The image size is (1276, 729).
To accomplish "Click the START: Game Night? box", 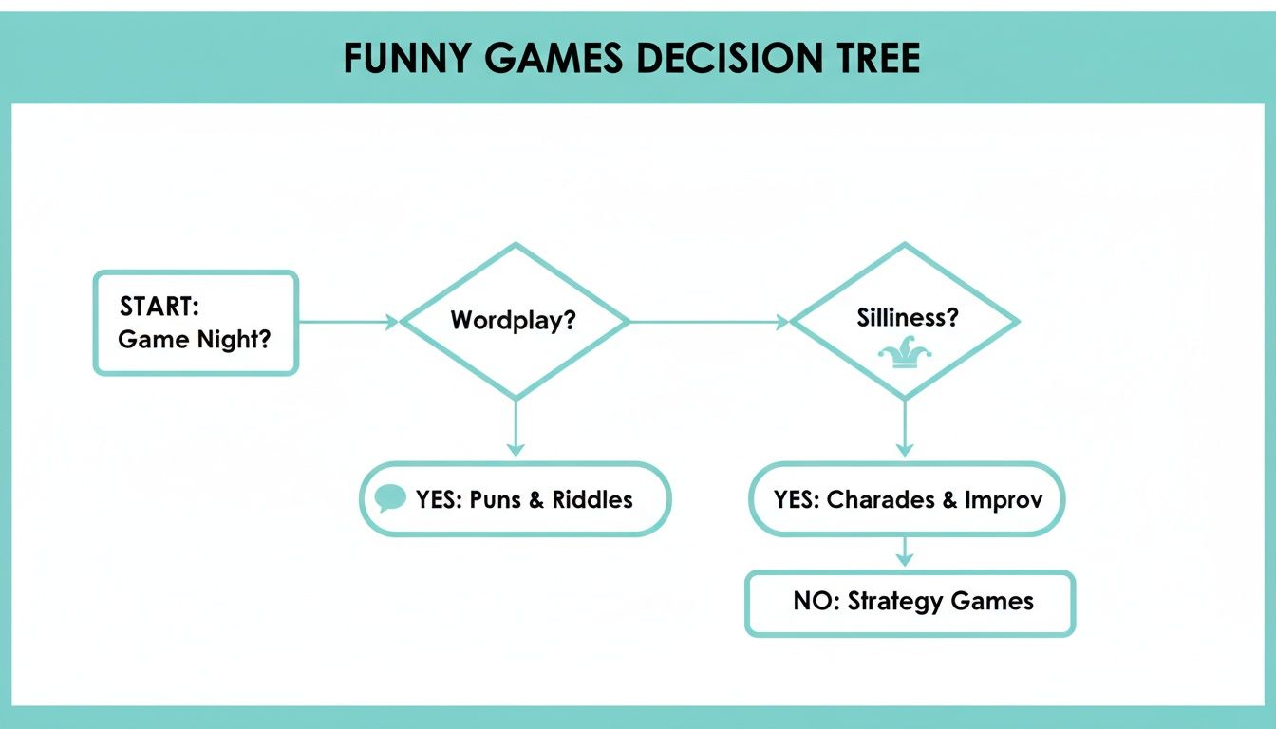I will (196, 323).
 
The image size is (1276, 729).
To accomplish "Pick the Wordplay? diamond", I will (515, 321).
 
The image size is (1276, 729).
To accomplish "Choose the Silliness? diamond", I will (905, 321).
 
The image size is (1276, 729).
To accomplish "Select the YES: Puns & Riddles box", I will (515, 499).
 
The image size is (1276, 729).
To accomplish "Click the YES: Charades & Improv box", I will (907, 499).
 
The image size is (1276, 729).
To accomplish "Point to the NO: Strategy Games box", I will (910, 602).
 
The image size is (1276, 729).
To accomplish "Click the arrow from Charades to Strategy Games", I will (905, 552).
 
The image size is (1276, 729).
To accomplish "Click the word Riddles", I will (592, 500).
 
